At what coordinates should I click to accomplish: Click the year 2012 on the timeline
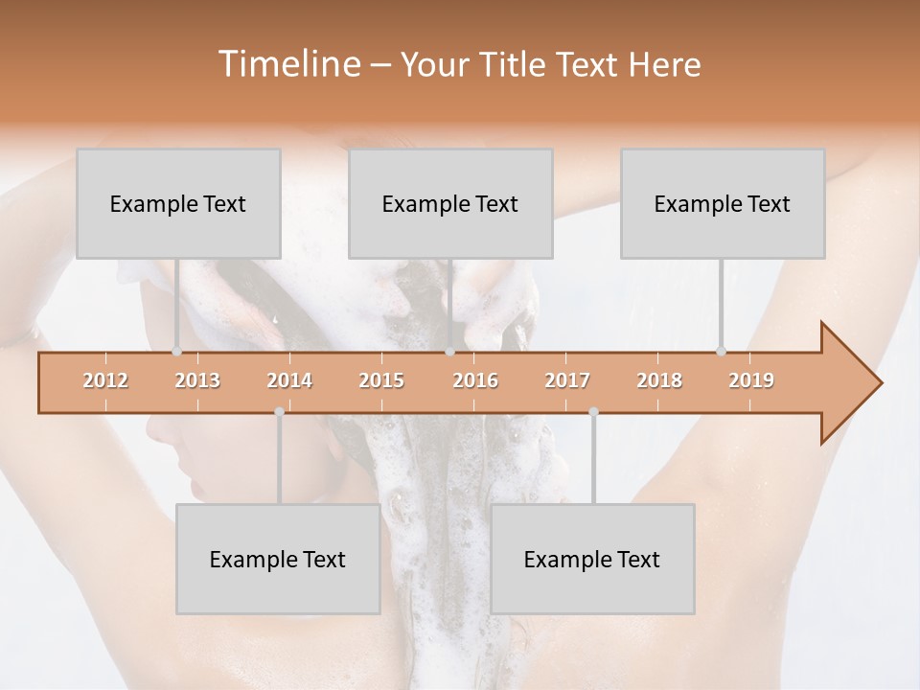pos(105,380)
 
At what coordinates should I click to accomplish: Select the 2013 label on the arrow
pos(197,380)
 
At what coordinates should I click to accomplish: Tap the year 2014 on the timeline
pos(289,380)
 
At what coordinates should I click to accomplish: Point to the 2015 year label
pos(381,380)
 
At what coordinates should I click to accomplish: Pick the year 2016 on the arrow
pos(475,380)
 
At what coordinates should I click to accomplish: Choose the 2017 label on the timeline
pos(567,380)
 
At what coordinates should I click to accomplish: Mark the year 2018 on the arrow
pos(659,380)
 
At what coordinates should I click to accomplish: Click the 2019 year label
pos(751,380)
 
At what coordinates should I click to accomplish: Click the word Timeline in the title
pos(287,64)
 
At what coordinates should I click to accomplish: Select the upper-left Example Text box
pos(178,203)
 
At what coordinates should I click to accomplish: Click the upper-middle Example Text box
pos(450,203)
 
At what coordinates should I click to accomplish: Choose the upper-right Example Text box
pos(723,203)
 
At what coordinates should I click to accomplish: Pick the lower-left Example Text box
pos(278,559)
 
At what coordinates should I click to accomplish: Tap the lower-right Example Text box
pos(592,559)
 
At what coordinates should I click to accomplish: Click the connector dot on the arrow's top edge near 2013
pos(176,352)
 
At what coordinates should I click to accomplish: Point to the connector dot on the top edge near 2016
pos(450,352)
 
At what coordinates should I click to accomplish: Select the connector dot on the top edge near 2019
pos(721,352)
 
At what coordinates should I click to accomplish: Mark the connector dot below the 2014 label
pos(279,412)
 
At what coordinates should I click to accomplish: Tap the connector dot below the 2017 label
pos(593,412)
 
